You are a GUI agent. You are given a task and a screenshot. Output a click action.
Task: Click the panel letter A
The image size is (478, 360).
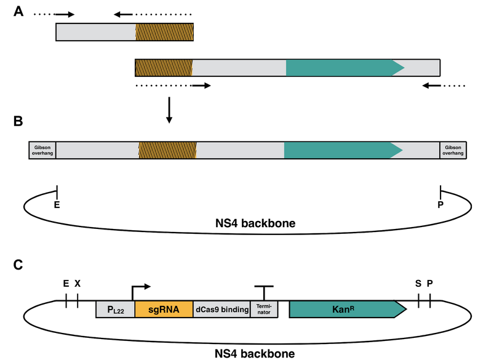19,12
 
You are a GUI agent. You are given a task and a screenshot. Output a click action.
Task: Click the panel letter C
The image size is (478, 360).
19,265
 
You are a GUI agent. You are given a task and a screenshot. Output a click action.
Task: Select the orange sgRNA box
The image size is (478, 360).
164,309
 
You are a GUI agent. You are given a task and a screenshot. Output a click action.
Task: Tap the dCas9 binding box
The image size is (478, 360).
221,309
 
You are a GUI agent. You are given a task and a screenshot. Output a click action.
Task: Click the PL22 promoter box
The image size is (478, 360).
115,309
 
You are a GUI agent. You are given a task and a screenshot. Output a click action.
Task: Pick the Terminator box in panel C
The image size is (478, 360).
264,309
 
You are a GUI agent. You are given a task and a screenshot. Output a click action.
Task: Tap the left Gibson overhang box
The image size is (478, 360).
42,151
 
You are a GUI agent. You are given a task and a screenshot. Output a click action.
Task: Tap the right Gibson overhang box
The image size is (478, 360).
453,151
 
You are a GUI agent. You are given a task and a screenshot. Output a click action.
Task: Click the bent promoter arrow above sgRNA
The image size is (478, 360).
140,289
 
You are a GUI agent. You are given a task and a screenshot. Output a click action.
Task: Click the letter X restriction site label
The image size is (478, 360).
78,283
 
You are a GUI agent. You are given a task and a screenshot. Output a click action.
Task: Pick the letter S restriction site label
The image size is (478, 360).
418,283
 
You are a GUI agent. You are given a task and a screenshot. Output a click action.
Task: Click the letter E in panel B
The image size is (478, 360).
57,205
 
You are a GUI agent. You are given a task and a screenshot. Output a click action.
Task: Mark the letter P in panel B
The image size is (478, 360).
440,205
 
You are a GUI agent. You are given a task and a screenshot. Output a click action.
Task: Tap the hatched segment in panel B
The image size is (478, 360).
167,151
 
